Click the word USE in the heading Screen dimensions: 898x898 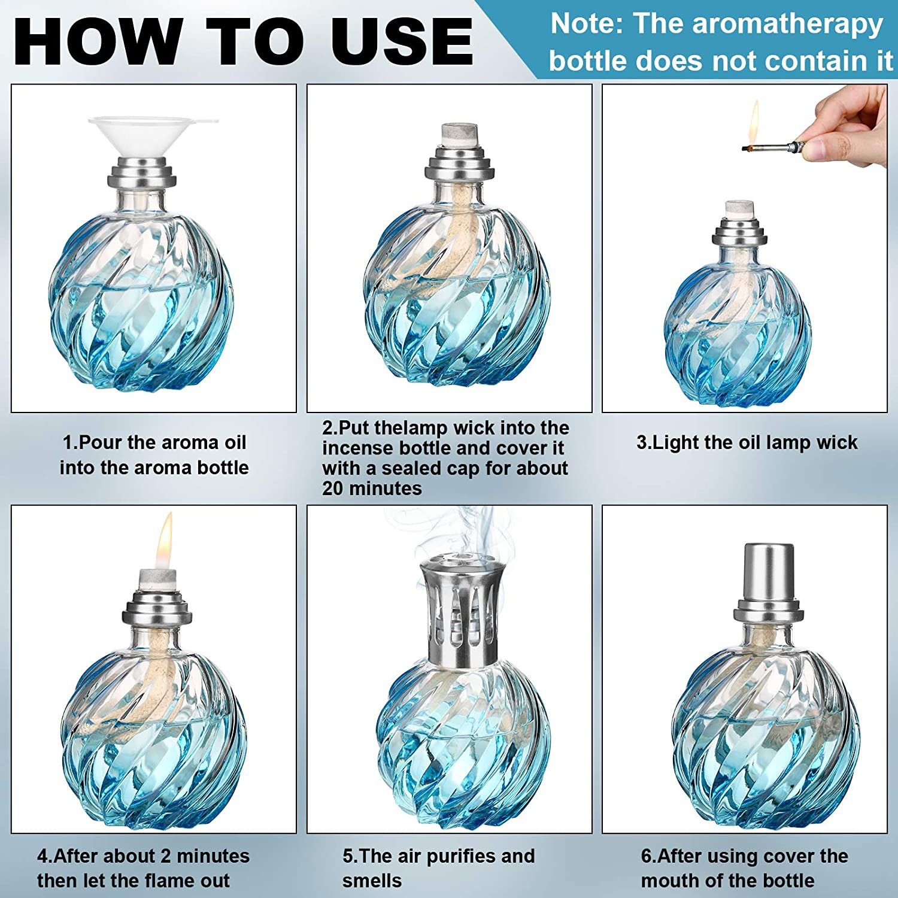pos(402,42)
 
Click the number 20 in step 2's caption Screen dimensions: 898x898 pos(333,489)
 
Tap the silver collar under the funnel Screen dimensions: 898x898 pos(142,174)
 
